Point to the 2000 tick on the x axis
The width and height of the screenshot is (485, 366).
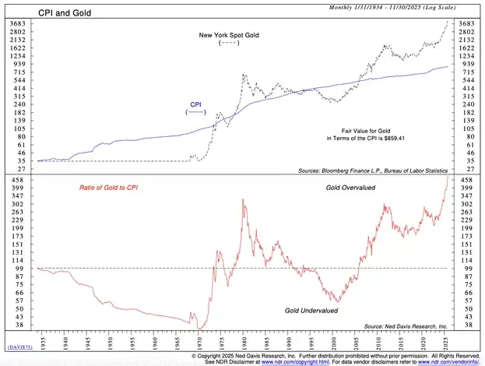[334, 340]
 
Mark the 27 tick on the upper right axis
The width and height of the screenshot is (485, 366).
[466, 168]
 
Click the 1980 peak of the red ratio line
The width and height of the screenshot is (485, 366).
[244, 200]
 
